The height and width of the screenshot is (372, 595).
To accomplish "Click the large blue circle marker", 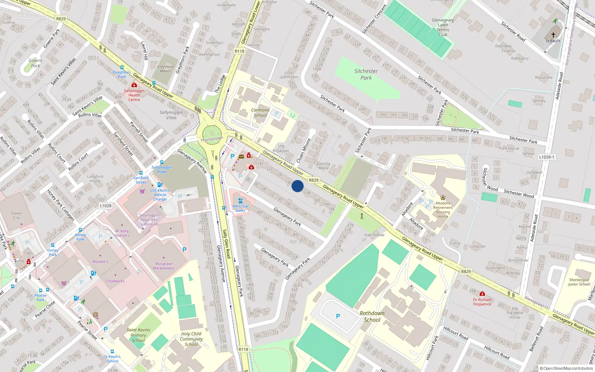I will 297,186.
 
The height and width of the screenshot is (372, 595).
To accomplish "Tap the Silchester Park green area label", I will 366,74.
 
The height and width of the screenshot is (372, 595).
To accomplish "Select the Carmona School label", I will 260,112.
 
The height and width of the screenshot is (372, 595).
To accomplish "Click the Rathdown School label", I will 372,316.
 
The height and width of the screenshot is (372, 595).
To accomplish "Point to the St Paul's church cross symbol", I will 553,35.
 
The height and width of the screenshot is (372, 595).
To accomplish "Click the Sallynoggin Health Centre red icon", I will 134,85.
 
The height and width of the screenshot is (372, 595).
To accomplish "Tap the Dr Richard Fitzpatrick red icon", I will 482,294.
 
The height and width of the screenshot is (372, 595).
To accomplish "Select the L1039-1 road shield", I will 546,157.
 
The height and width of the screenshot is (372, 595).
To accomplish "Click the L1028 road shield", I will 106,206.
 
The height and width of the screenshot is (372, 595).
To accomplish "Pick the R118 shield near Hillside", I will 239,51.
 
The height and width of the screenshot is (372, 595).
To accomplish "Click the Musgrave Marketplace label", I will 164,266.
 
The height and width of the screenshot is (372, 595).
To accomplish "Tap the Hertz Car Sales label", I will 241,208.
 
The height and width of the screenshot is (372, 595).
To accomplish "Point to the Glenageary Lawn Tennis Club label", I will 443,27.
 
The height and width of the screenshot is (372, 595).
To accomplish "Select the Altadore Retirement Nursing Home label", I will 443,209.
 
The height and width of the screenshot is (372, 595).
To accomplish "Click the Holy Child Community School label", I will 191,339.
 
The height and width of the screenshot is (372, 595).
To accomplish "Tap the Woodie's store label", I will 100,262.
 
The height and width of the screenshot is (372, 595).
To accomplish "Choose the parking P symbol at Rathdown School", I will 338,316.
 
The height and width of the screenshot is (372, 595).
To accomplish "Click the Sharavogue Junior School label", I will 579,282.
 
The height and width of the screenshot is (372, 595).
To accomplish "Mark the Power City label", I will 17,215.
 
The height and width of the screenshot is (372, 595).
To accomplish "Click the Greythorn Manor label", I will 165,69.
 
